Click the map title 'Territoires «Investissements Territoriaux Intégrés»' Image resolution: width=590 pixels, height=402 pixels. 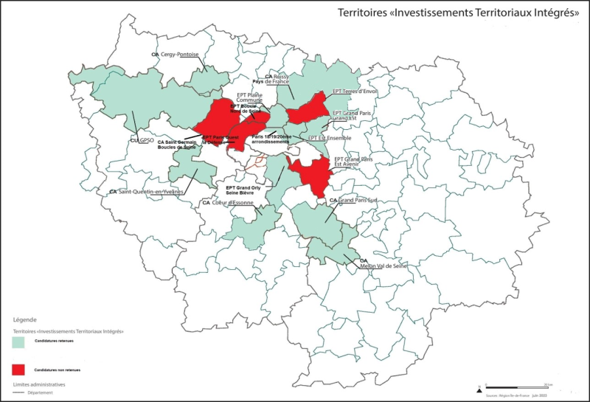457,13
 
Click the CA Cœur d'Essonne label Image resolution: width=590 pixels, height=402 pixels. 228,203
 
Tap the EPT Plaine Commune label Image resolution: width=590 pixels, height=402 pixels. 249,97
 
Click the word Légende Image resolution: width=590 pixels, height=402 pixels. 25,320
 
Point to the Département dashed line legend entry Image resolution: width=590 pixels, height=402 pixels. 37,394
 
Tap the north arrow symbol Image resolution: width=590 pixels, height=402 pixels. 479,387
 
